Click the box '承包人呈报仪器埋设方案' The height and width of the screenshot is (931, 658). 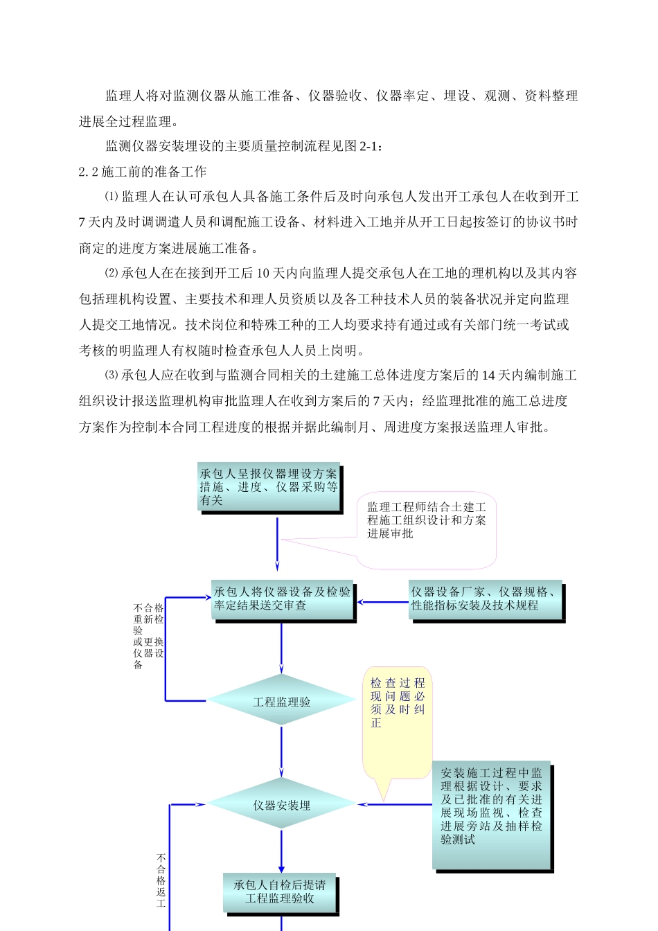(x=269, y=486)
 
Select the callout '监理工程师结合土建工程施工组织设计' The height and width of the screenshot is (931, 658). (x=426, y=520)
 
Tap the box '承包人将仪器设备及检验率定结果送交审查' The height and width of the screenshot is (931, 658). (x=282, y=599)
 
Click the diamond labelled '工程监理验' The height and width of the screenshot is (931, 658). (x=281, y=702)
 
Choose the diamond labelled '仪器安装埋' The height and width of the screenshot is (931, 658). (x=281, y=805)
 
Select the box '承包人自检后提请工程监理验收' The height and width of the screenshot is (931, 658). (x=279, y=892)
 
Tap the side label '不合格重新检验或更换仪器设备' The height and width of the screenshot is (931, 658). (x=148, y=636)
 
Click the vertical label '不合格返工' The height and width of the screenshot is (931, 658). (x=161, y=880)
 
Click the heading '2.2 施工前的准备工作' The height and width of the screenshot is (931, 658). (x=143, y=172)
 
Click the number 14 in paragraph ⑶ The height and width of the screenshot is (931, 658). (x=488, y=375)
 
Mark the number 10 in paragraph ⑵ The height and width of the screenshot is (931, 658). (x=263, y=274)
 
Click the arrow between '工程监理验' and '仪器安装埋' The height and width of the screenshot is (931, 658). (x=281, y=752)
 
